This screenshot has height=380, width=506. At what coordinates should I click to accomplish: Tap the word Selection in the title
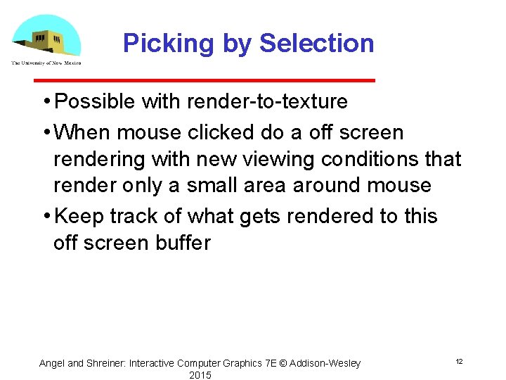[x=316, y=44]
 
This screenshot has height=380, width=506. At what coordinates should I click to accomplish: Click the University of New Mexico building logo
[x=46, y=39]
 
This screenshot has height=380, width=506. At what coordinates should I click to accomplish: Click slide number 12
[x=459, y=361]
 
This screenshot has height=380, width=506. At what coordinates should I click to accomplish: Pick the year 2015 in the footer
[x=200, y=375]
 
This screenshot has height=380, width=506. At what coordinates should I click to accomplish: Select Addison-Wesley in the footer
[x=326, y=363]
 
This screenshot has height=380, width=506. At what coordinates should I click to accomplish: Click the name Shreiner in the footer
[x=105, y=363]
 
